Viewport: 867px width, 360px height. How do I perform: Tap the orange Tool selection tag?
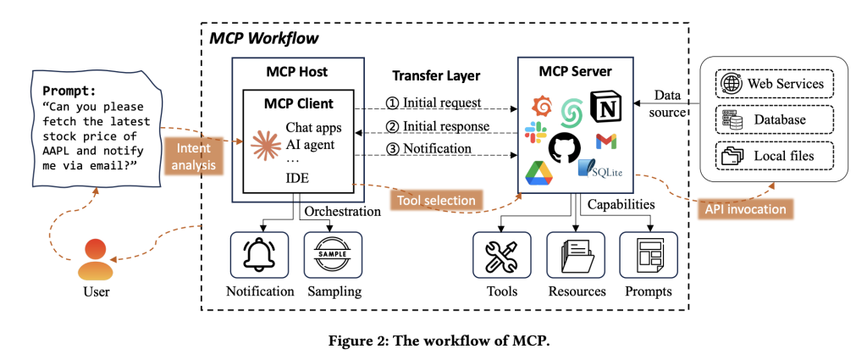(433, 201)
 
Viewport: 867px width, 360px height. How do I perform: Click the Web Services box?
(775, 84)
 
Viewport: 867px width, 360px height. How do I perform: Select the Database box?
(775, 119)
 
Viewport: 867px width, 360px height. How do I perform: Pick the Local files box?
(775, 156)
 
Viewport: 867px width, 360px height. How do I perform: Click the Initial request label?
(433, 103)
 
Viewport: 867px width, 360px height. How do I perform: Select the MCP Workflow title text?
(263, 39)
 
